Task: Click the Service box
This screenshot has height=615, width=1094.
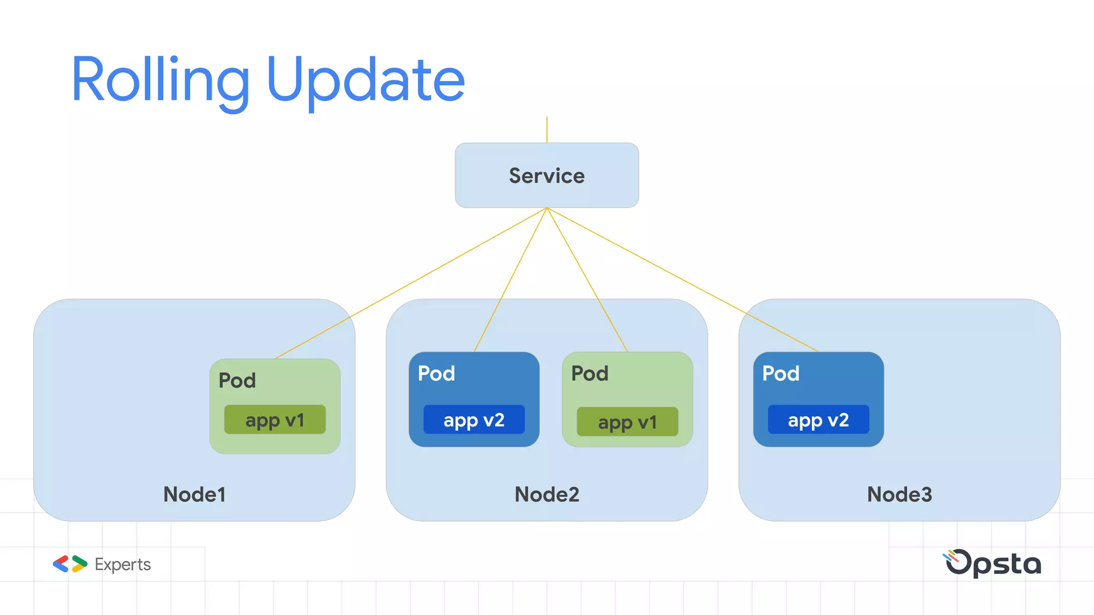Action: pos(546,175)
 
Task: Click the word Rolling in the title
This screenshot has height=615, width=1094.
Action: pos(160,80)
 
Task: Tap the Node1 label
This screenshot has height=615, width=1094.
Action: pos(194,494)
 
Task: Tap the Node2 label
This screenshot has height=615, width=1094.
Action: pos(546,494)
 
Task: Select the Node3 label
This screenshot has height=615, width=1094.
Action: pos(899,494)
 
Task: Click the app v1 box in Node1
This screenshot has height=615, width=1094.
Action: pos(275,420)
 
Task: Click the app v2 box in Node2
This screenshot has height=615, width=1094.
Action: pos(474,420)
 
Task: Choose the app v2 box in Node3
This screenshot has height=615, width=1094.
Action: pos(818,420)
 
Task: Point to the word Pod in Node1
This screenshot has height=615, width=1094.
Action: pos(237,381)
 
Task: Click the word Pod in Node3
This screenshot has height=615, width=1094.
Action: pos(780,374)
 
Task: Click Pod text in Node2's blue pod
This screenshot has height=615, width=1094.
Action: pos(436,374)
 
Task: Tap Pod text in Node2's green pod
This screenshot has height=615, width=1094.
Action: pos(590,374)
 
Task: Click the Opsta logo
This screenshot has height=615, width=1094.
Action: pos(993,564)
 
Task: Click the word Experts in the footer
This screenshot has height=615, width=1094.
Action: pos(122,564)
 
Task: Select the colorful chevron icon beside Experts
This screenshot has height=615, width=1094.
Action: pos(70,564)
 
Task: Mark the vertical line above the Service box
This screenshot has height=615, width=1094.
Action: pos(546,130)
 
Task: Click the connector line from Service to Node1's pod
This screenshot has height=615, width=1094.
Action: pos(411,283)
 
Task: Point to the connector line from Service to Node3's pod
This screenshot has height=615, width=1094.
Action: pos(683,280)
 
